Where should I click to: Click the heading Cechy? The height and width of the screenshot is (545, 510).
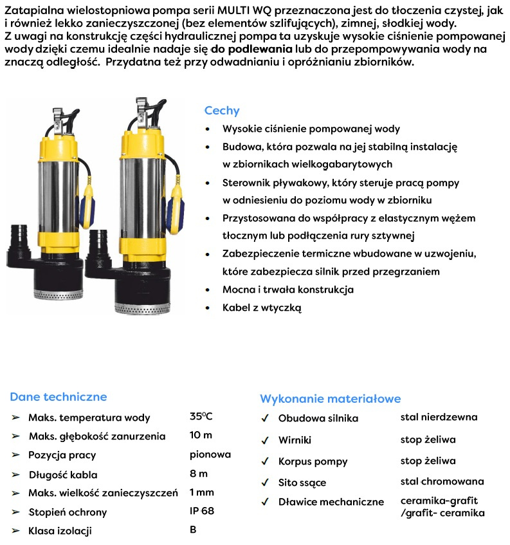pos(221,111)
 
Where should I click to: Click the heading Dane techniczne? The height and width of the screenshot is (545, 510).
pos(59,397)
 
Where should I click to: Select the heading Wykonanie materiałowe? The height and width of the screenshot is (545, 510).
pos(330,399)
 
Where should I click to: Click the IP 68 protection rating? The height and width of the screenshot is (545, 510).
pos(202,512)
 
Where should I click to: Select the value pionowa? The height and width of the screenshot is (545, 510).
pos(210,455)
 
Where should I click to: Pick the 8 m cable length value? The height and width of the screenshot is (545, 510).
pos(199,474)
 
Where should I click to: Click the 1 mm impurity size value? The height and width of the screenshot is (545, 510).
pos(201,493)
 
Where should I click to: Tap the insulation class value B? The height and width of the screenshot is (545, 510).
pos(193,530)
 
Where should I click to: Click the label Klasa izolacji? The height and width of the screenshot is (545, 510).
pos(60,531)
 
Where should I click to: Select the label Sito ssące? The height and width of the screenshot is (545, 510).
pos(302,483)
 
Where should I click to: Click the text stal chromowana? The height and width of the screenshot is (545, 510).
pos(442,481)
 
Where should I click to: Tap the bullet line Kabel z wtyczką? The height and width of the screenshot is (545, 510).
pos(262,308)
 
